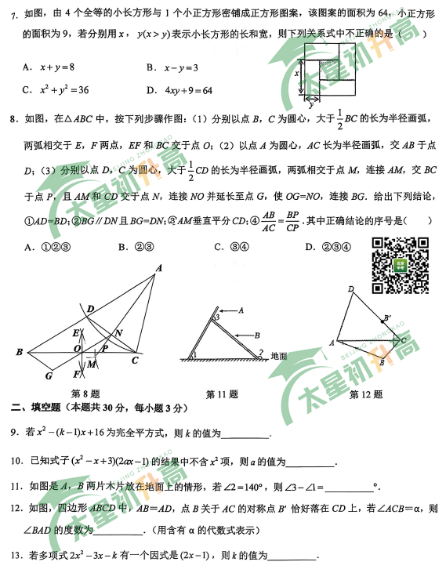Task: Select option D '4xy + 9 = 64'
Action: [185, 90]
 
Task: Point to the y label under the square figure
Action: [313, 103]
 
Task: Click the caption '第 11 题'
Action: [222, 393]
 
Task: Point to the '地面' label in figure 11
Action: [279, 356]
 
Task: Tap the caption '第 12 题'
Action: [366, 393]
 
